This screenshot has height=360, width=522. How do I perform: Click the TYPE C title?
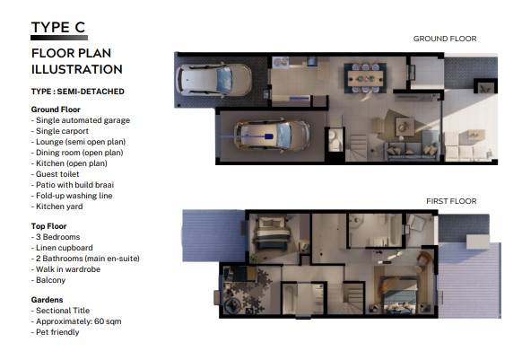[58, 27]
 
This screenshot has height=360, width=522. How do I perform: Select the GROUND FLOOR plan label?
[445, 39]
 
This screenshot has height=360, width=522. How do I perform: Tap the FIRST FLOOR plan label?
[451, 201]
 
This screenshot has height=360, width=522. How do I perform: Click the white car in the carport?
[213, 80]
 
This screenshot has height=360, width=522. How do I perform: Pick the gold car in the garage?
[272, 135]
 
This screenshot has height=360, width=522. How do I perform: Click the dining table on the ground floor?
[365, 79]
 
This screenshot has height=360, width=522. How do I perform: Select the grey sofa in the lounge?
[413, 146]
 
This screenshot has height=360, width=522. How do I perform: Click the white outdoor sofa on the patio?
[463, 146]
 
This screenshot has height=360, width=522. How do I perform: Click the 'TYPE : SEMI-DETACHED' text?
[77, 92]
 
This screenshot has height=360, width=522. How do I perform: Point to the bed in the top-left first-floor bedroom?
[272, 233]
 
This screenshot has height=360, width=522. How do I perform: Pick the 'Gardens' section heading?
[47, 300]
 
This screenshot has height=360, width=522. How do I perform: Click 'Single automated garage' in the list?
[83, 120]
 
